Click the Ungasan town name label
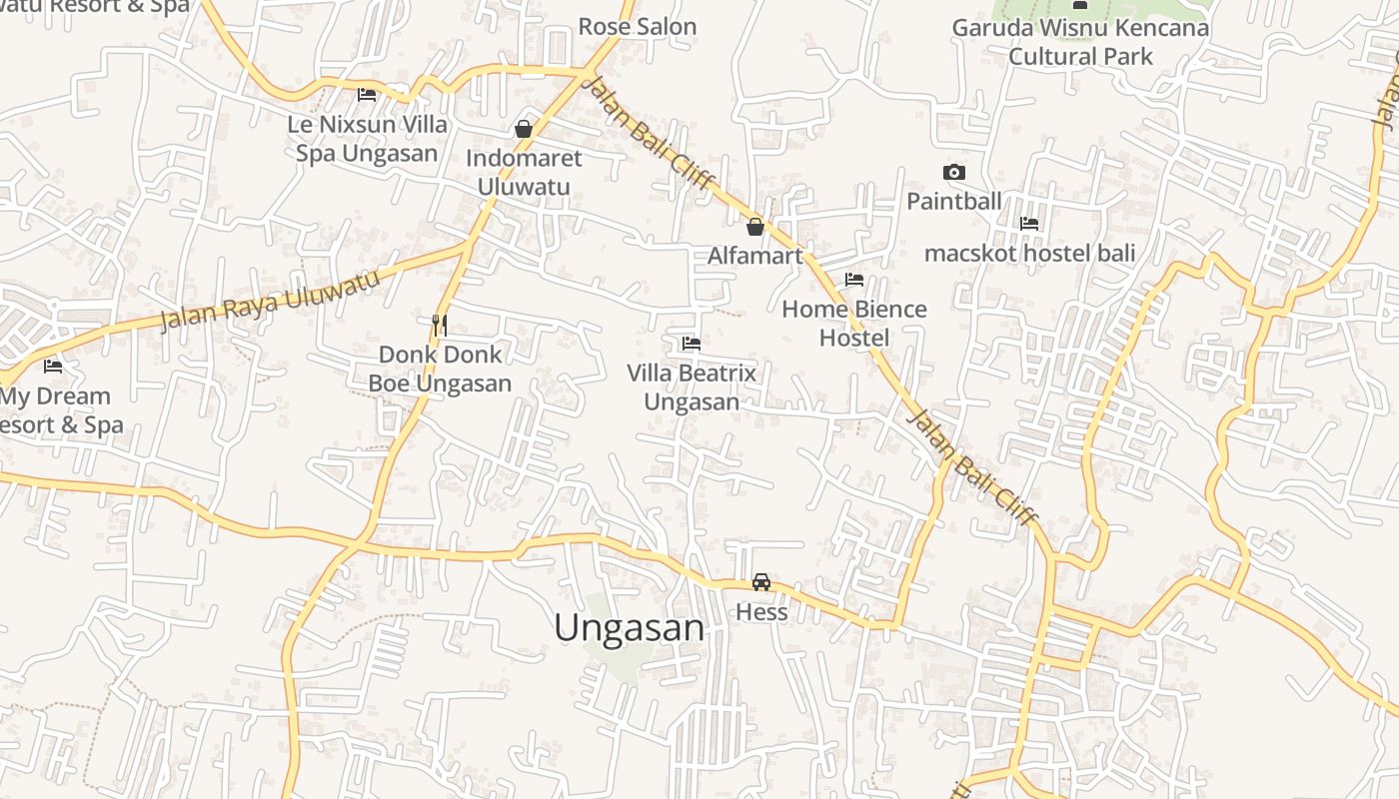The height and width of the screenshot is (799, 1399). tap(630, 628)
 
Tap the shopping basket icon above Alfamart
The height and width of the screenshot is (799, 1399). tap(755, 227)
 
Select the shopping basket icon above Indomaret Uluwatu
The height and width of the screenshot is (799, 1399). tap(523, 129)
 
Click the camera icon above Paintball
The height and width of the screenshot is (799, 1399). tap(954, 172)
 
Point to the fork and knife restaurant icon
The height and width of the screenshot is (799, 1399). tap(439, 325)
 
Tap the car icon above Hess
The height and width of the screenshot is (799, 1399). tap(761, 582)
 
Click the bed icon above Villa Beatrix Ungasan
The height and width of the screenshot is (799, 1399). tap(691, 344)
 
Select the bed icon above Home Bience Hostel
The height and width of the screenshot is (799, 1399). tap(854, 280)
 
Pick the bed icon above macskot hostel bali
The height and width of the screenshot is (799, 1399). tap(1029, 224)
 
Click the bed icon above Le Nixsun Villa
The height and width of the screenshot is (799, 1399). tap(367, 95)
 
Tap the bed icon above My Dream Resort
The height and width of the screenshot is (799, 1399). tap(53, 367)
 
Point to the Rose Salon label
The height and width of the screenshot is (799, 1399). tap(638, 27)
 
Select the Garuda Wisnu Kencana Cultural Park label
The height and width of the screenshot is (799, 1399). tap(1080, 42)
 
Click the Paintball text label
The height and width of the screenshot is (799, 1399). tap(954, 201)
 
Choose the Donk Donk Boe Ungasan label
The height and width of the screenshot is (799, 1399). tap(440, 369)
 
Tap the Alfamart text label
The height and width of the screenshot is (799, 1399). tap(755, 256)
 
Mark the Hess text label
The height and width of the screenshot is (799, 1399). tap(761, 612)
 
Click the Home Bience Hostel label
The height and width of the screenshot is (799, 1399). tap(854, 324)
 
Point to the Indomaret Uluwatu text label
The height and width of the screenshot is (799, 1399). tap(524, 172)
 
